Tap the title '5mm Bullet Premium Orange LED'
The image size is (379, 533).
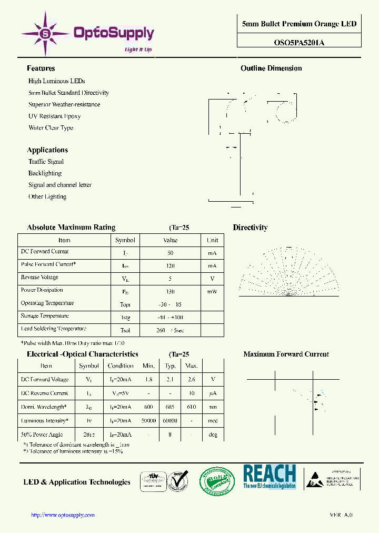299,24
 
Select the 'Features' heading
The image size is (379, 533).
41,68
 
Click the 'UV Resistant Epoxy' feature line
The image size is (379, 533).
54,116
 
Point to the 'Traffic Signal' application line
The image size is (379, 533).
46,162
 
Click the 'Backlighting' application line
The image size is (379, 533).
45,173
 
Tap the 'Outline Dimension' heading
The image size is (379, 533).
271,68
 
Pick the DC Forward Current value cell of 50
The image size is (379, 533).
170,253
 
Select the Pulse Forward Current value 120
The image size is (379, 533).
170,266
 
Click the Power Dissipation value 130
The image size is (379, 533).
170,291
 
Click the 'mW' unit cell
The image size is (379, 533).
212,291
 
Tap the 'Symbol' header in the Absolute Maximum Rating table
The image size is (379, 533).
125,240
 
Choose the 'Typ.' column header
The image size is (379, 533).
170,366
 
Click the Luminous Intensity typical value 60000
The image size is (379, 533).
170,421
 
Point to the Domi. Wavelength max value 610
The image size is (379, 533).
192,407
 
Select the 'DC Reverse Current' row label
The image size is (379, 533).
44,393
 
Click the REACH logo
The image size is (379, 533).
270,477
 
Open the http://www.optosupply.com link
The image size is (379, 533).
63,515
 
